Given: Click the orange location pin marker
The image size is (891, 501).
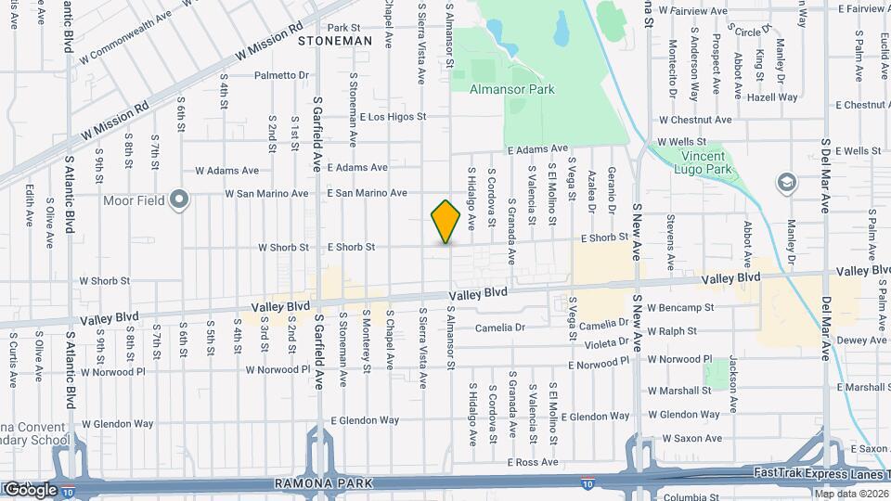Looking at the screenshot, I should click(x=445, y=222).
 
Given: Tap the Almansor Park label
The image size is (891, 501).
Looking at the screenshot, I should click(x=512, y=90).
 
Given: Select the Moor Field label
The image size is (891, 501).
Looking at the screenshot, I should click(x=134, y=199).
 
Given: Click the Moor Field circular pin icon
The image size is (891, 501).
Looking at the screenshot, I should click(x=181, y=199).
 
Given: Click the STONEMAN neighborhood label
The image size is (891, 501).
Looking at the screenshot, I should click(x=335, y=41).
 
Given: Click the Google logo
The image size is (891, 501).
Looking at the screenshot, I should click(x=30, y=489).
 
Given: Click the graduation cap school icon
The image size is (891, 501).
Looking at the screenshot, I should click(x=787, y=181).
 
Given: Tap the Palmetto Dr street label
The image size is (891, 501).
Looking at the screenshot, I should click(x=281, y=75).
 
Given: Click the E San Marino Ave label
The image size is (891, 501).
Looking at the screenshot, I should click(x=368, y=193).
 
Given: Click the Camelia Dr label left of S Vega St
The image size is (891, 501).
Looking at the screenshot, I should click(x=500, y=328).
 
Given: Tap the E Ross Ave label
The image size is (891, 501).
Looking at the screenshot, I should click(x=532, y=462).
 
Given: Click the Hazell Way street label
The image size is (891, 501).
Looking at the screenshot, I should click(x=772, y=96).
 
